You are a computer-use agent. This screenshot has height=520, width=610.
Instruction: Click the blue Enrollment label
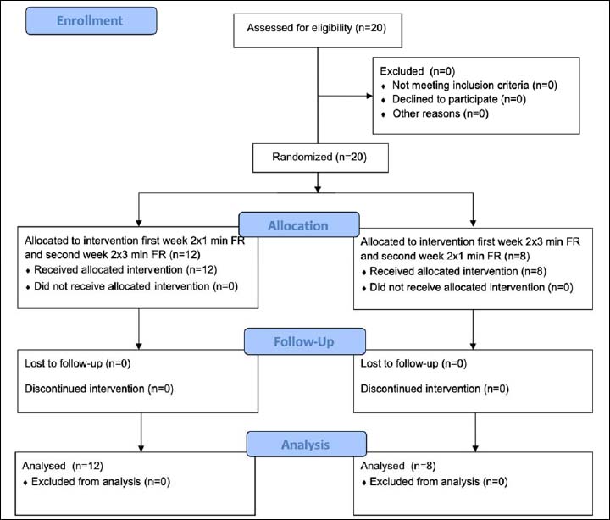(x=91, y=20)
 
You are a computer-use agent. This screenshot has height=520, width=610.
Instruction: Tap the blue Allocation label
(x=299, y=224)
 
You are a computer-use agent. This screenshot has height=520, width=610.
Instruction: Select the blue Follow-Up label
(x=305, y=341)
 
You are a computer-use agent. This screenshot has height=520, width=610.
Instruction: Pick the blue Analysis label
(x=306, y=444)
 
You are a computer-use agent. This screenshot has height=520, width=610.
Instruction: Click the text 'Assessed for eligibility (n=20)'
(x=317, y=28)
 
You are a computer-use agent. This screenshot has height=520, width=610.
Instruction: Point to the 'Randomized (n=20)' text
(x=319, y=157)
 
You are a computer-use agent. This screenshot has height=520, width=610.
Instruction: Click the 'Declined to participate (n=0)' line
(x=459, y=99)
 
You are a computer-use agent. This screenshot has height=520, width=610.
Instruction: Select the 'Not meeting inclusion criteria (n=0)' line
(x=474, y=86)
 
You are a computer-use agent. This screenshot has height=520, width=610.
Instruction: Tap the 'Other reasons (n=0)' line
(x=441, y=113)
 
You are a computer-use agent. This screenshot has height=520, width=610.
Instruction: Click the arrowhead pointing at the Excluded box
(x=369, y=96)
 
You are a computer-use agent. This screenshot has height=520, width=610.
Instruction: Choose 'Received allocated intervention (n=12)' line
(x=125, y=269)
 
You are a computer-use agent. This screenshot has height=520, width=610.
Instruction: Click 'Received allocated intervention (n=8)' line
(x=457, y=271)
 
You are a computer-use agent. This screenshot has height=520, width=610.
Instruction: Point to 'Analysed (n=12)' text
(x=63, y=466)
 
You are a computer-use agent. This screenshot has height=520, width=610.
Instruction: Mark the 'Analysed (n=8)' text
(x=398, y=466)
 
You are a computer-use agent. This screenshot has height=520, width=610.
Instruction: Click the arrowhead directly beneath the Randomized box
(x=318, y=189)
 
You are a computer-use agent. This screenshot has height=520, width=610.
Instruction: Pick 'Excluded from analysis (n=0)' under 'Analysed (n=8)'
(x=439, y=482)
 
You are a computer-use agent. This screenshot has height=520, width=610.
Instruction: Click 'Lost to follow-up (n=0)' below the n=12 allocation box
(x=78, y=363)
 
